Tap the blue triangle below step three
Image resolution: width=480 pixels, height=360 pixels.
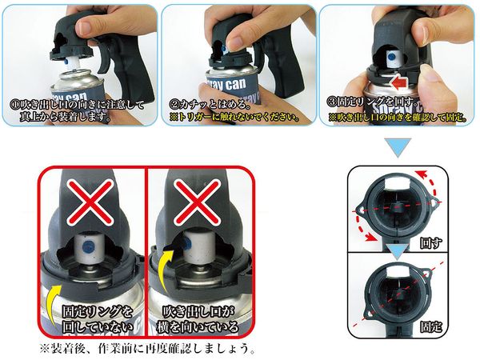[398, 147]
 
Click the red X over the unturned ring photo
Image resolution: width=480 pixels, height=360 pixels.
[90, 202]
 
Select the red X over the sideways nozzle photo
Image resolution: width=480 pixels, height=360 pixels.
[197, 202]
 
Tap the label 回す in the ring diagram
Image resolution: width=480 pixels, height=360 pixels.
[430, 243]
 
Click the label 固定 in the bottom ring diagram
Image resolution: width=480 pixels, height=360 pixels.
[430, 327]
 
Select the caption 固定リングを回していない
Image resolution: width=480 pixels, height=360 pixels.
[98, 319]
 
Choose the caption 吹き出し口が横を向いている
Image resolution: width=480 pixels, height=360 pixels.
[197, 319]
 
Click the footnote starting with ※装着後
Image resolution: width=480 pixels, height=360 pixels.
[147, 348]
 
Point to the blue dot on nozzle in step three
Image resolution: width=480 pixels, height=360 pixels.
[391, 56]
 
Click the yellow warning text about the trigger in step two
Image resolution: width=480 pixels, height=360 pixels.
[234, 118]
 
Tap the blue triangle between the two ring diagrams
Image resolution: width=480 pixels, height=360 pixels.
[397, 252]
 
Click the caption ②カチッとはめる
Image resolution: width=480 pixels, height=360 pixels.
[209, 105]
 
